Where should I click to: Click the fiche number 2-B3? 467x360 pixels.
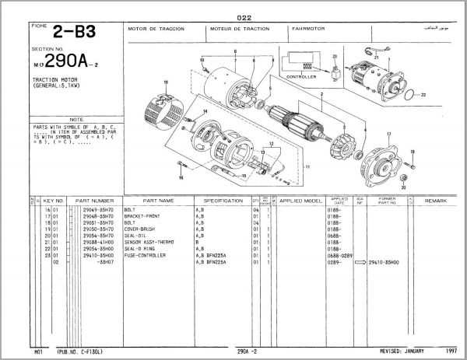point(71,33)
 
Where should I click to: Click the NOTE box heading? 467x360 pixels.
point(76,119)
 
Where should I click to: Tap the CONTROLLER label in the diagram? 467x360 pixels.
point(301,78)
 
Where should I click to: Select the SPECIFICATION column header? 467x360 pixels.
point(219,201)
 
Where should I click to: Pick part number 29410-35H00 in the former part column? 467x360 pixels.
point(384,262)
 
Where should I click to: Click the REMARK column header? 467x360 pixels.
point(435,201)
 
